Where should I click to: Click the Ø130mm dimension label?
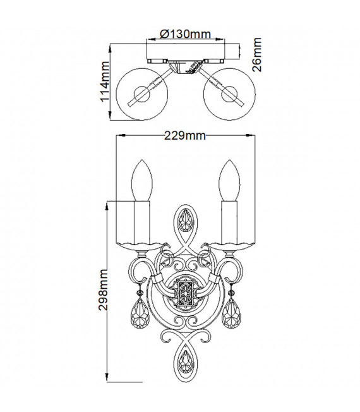click(186, 34)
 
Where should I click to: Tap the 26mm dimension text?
click(257, 54)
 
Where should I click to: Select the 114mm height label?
click(105, 82)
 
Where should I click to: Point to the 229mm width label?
click(185, 136)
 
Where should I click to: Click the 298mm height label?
click(103, 289)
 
